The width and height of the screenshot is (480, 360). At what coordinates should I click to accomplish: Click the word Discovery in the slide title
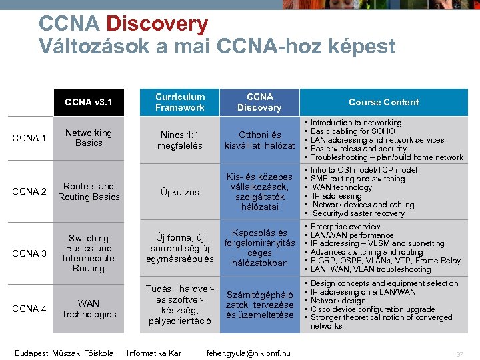click(x=157, y=24)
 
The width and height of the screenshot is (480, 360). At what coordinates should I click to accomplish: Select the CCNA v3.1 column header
click(x=89, y=102)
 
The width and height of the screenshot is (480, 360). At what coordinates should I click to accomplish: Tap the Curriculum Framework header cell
click(x=179, y=102)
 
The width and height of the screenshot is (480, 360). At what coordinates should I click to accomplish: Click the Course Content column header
click(x=384, y=102)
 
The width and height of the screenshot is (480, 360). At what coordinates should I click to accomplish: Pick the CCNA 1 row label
click(x=29, y=138)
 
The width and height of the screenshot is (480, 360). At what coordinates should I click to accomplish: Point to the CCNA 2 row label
click(x=29, y=192)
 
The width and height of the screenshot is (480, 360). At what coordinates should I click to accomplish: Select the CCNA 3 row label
click(x=29, y=253)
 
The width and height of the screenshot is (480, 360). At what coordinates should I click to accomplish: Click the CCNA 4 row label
click(x=29, y=309)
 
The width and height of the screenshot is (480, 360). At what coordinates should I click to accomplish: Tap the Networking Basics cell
click(x=89, y=138)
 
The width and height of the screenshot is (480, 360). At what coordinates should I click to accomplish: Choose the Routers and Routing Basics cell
click(x=89, y=191)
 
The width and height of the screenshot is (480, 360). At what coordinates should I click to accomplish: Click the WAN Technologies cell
click(x=89, y=309)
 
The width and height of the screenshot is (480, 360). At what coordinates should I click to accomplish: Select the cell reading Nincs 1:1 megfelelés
click(x=179, y=140)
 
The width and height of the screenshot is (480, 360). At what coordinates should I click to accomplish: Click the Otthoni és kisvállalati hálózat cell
click(x=259, y=140)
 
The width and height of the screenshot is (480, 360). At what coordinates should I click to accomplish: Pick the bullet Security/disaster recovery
click(x=358, y=213)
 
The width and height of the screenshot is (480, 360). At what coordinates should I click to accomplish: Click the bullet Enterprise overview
click(x=345, y=227)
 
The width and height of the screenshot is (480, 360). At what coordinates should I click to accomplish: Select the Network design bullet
click(x=338, y=301)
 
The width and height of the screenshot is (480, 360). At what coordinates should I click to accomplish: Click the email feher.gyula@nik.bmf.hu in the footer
click(x=249, y=353)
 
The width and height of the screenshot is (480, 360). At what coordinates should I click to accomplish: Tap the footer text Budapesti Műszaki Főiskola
click(x=64, y=353)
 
